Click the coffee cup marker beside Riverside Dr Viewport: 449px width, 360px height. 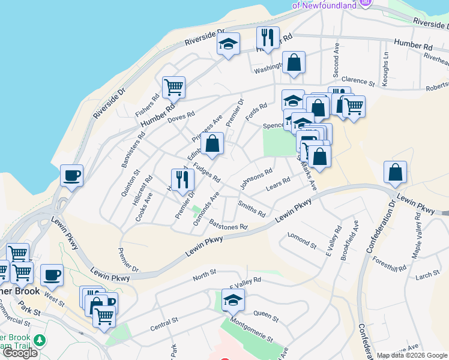point(72,176)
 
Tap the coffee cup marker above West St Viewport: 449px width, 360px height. point(52,275)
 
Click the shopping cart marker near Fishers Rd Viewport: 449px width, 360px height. point(173,88)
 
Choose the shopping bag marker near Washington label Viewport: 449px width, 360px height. point(294,62)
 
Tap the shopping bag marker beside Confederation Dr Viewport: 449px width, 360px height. point(396,172)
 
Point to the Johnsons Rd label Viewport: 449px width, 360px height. point(256,179)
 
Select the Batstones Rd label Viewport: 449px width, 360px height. point(229,224)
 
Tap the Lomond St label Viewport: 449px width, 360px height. point(301,241)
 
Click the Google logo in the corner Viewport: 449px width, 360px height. point(20,353)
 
